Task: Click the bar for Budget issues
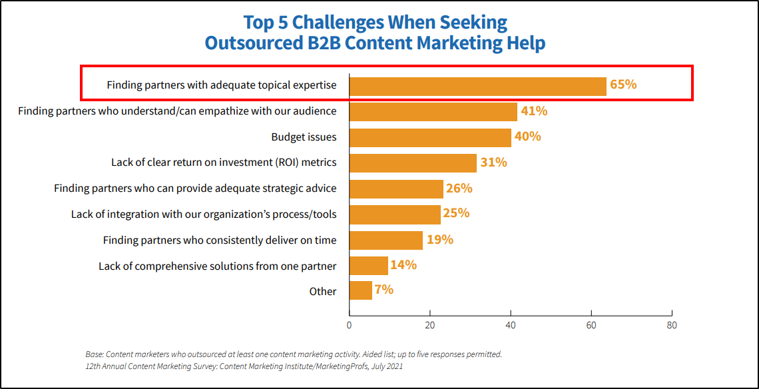[430, 137]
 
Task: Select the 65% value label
[623, 85]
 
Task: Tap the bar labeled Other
[360, 290]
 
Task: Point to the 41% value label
[534, 111]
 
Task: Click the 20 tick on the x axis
[430, 325]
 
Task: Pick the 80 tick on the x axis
[672, 325]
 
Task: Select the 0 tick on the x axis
[350, 325]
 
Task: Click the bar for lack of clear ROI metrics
[413, 163]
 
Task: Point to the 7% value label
[384, 290]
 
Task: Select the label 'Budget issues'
[304, 137]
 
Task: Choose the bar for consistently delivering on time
[386, 240]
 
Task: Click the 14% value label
[403, 265]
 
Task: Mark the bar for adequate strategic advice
[396, 189]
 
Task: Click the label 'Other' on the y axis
[323, 291]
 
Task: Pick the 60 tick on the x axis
[591, 325]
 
